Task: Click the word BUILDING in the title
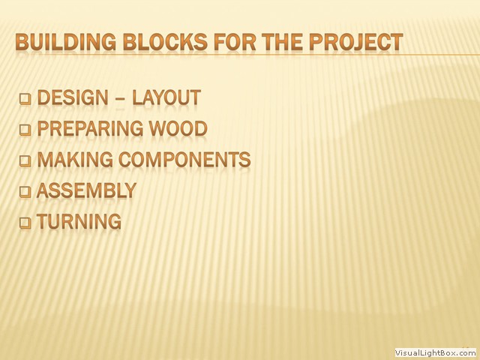66,42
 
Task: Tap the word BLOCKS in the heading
165,42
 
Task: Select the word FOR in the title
235,42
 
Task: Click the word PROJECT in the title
356,42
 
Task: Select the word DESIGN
73,97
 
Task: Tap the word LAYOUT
166,97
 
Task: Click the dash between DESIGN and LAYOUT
120,98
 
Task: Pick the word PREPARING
90,128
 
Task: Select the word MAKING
75,160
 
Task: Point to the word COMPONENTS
184,160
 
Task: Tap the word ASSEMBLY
86,190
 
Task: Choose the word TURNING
79,221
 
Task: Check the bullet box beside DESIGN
25,99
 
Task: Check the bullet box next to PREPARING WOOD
25,130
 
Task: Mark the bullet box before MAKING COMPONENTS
25,161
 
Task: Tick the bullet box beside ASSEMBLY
25,192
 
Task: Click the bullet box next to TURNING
25,223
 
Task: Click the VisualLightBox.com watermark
436,352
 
